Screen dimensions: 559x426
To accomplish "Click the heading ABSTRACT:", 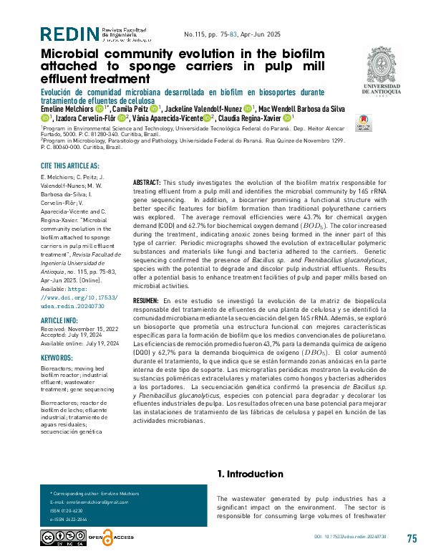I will [147, 184].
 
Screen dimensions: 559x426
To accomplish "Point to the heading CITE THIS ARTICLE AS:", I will [69, 166].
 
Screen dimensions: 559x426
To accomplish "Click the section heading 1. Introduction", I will [250, 474].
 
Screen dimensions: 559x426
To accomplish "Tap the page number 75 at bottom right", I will [412, 539].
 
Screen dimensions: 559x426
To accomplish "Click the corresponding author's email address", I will [89, 502].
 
